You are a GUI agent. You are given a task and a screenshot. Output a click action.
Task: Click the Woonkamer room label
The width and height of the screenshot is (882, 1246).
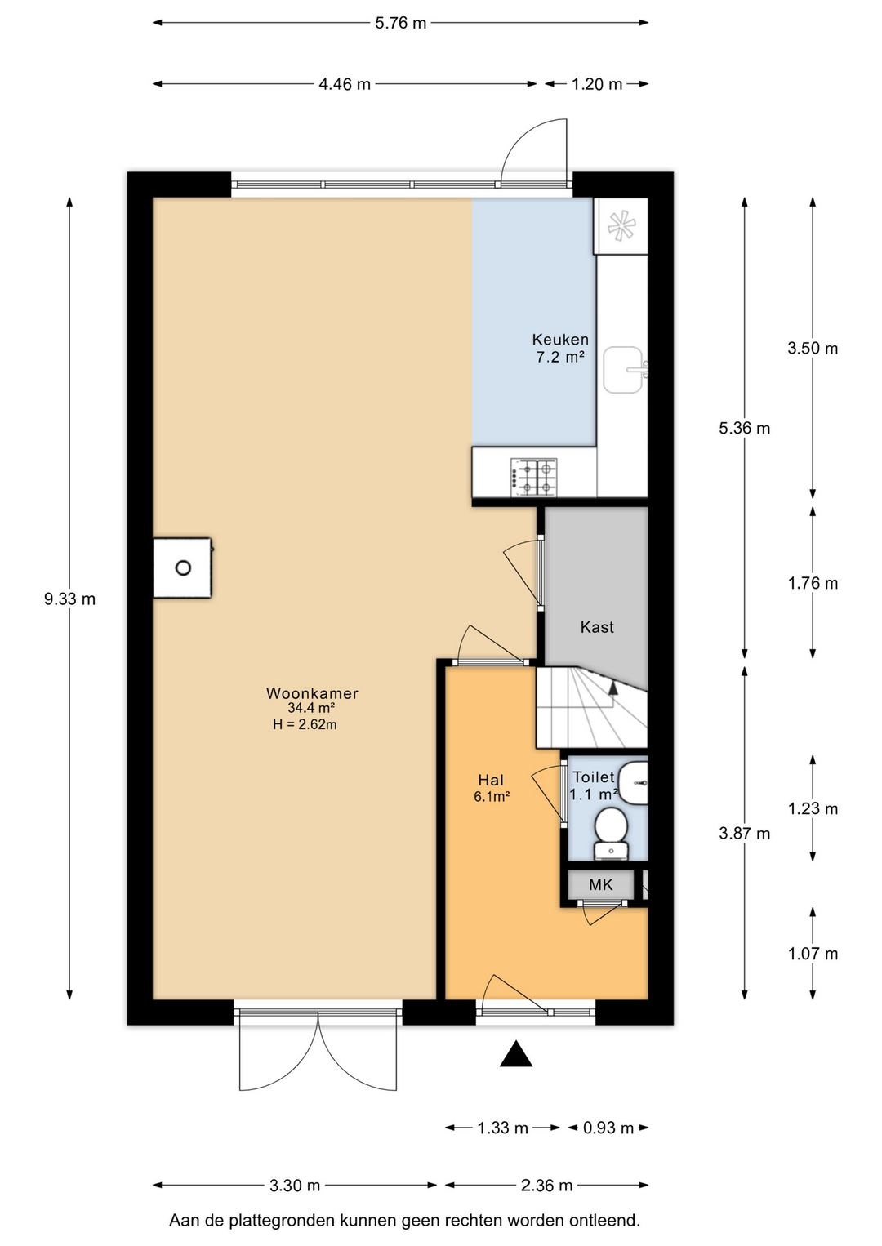click(312, 693)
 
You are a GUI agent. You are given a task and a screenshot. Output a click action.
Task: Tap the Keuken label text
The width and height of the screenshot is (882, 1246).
click(559, 340)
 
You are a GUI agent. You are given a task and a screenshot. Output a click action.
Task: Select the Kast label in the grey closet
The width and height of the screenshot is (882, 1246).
click(596, 627)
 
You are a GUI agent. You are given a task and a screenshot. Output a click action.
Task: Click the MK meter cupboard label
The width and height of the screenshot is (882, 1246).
click(600, 884)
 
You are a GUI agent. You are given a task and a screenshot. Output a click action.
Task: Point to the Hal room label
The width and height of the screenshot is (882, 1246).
click(491, 779)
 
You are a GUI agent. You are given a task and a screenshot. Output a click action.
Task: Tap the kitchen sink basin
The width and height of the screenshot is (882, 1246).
click(623, 370)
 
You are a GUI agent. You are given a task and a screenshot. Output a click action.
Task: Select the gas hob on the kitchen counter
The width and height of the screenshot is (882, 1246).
click(533, 478)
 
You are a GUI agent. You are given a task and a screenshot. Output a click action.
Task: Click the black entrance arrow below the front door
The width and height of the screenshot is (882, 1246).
click(516, 1053)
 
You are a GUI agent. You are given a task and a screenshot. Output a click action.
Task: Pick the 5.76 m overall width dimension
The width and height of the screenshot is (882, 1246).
click(400, 23)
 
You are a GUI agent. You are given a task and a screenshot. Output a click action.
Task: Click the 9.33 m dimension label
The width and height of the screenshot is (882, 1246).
click(69, 599)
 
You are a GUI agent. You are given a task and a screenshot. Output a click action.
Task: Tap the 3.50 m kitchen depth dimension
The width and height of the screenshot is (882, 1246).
click(813, 348)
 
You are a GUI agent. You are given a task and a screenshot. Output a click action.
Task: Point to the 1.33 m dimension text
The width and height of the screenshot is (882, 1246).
click(502, 1128)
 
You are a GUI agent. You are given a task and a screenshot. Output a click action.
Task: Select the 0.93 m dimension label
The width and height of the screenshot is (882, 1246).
click(608, 1128)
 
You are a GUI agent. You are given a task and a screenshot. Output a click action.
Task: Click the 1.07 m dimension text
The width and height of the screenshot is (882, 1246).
click(813, 954)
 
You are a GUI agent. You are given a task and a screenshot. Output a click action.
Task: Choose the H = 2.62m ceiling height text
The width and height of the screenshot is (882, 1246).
click(305, 724)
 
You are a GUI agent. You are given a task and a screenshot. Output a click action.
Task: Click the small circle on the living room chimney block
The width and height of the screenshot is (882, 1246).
click(183, 568)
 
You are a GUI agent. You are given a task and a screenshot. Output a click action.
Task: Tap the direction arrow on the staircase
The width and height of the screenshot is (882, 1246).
click(613, 688)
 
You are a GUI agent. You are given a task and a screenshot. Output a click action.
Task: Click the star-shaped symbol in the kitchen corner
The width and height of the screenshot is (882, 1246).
click(621, 226)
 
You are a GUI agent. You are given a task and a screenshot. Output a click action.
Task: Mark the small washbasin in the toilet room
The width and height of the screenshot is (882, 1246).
click(634, 783)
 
